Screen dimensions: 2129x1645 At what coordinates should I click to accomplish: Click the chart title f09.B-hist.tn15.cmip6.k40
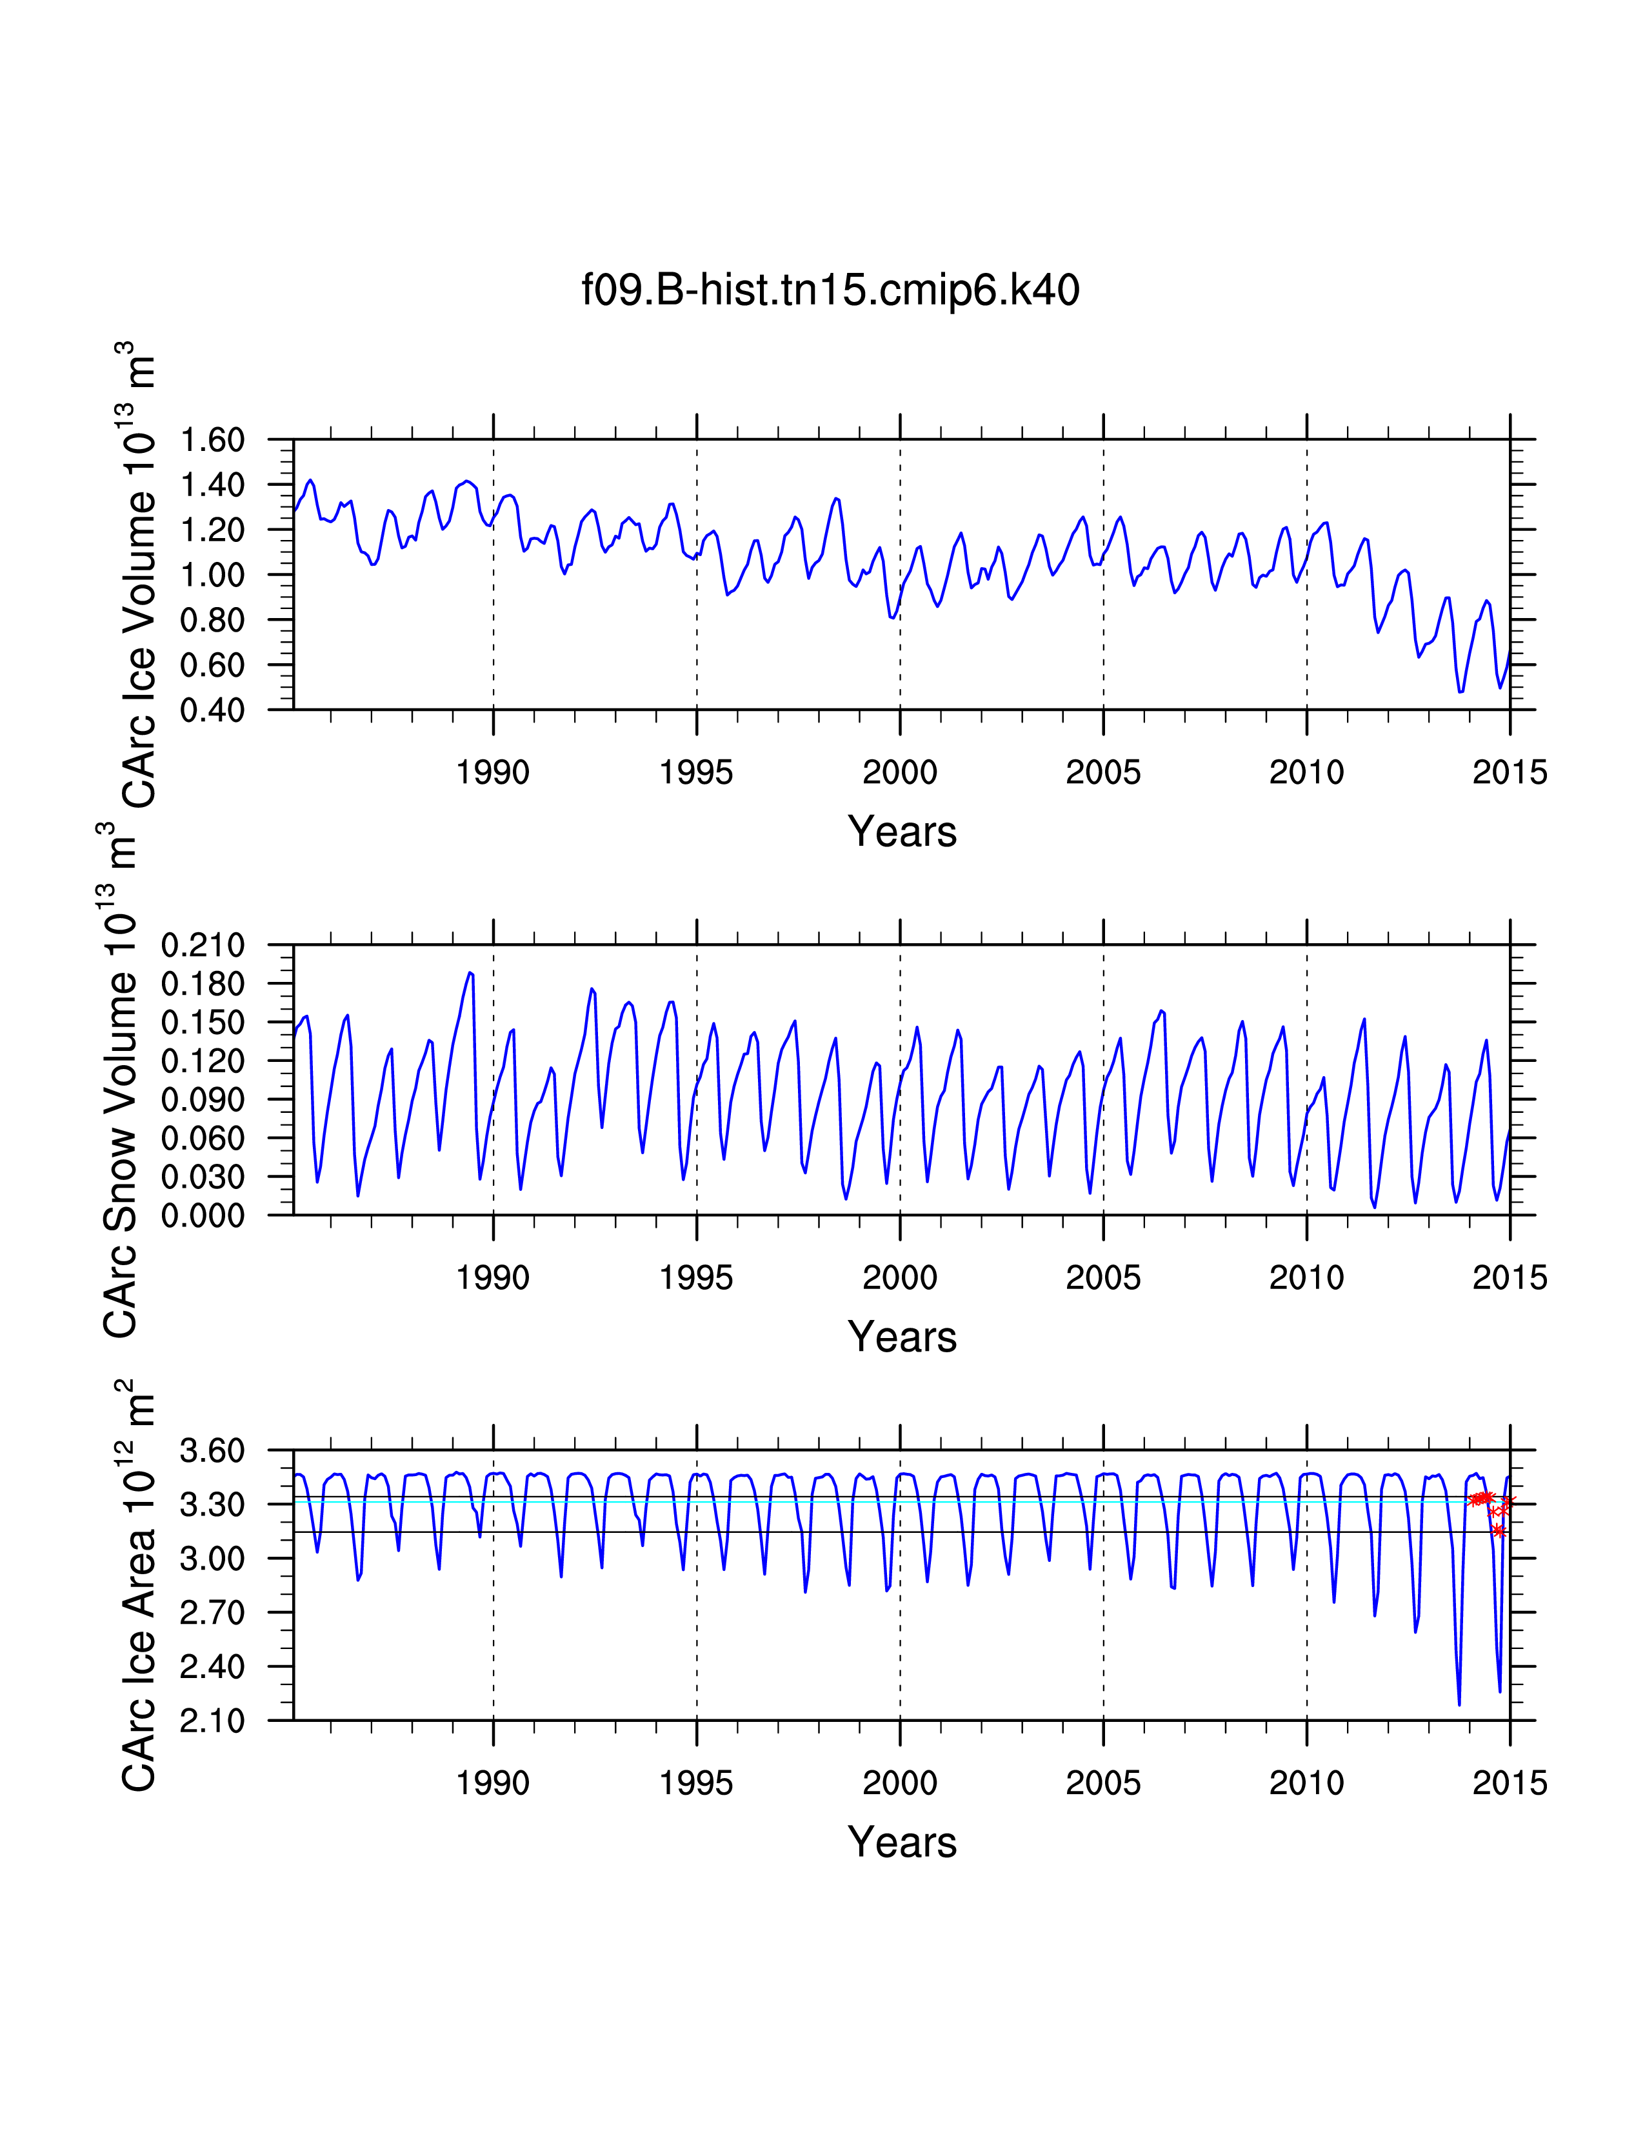(830, 290)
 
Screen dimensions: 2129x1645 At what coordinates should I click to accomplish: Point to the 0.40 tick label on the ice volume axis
(212, 710)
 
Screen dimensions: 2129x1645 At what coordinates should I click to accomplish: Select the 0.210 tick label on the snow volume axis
(203, 945)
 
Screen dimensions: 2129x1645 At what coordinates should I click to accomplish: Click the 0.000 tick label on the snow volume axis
(203, 1215)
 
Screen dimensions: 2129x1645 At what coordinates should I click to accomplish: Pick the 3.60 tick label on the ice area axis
(212, 1450)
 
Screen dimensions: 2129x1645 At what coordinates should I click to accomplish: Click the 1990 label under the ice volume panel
(493, 773)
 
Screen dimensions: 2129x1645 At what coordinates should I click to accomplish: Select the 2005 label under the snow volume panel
(1103, 1278)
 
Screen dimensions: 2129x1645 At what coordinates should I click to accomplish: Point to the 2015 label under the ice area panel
(1510, 1784)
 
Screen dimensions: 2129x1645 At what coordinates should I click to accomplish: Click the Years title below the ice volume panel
(902, 832)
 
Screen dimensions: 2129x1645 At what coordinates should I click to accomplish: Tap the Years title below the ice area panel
(902, 1843)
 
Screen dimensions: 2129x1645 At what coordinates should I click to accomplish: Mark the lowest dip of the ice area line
(1459, 1704)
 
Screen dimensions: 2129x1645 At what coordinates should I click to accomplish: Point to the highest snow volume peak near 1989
(470, 973)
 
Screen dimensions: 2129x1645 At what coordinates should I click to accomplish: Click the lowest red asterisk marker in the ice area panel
(1499, 1532)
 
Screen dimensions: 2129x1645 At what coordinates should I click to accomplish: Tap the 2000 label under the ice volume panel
(899, 773)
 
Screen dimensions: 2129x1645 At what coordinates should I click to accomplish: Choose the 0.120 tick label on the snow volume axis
(203, 1061)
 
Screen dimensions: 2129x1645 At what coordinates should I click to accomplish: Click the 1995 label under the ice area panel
(696, 1784)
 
